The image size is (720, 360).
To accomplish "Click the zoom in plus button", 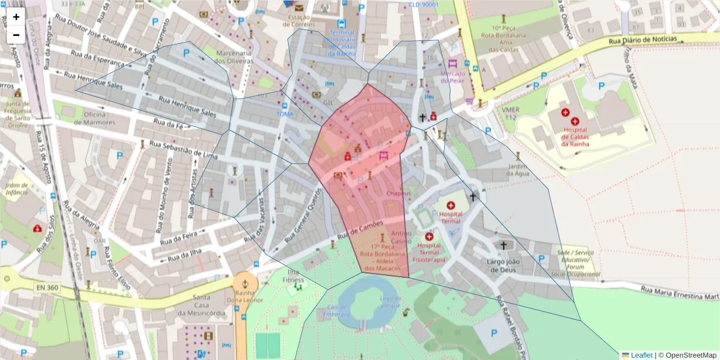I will tap(16, 17).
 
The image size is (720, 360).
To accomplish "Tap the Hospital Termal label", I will tap(451, 217).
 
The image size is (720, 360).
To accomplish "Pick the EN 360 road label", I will tap(47, 288).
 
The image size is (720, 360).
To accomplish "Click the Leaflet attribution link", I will tap(641, 355).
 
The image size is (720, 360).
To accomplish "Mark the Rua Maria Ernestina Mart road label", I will tap(679, 293).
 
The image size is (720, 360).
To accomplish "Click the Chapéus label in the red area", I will tap(398, 194).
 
